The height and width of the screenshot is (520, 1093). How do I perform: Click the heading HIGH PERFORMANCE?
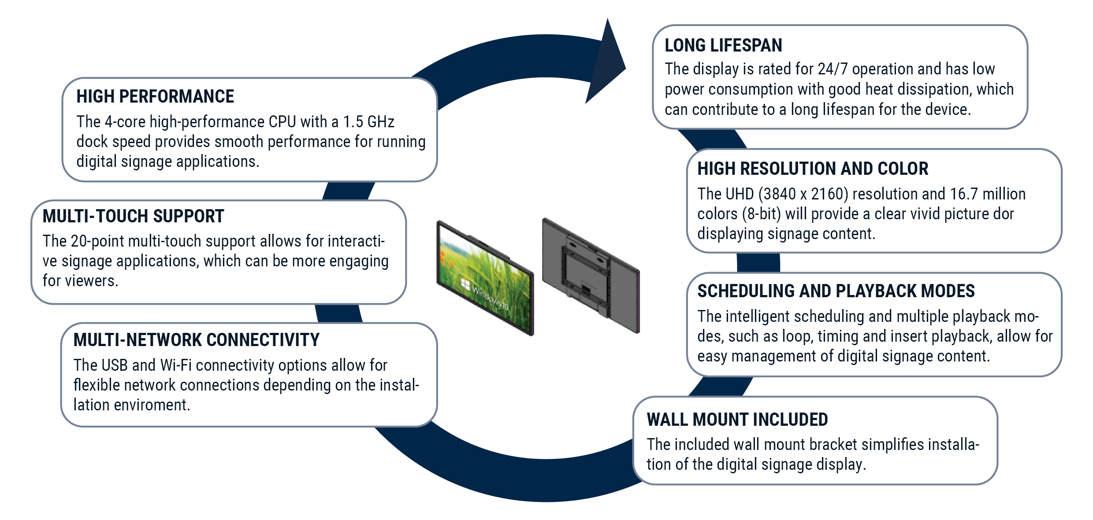coord(155,96)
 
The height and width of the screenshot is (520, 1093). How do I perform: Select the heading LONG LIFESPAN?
coord(723,45)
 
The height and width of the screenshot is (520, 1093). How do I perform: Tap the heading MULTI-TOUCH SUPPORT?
coord(133,216)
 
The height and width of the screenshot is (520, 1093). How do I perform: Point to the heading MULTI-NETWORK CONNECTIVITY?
coord(196,340)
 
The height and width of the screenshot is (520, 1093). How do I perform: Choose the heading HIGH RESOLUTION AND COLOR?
coord(813,169)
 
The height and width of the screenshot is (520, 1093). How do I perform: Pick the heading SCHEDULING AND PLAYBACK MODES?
coord(836,291)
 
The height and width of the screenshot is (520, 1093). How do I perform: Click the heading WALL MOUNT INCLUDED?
coord(737,420)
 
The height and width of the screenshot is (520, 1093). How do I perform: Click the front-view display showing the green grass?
coord(485,277)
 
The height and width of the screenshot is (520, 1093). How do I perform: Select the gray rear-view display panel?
coord(591,275)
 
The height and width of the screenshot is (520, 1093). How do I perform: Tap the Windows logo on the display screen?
coord(465,284)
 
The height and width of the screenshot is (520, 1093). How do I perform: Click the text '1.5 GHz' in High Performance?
coord(368,122)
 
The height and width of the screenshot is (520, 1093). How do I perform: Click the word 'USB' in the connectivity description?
coord(115,365)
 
